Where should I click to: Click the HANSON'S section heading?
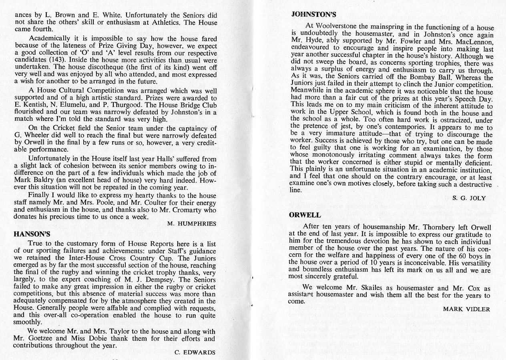click(x=32, y=234)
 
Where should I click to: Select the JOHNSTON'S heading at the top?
click(x=313, y=15)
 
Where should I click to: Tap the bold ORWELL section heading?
click(x=305, y=215)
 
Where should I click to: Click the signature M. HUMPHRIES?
click(x=191, y=224)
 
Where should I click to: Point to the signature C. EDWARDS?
click(x=195, y=352)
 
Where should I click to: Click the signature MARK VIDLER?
click(x=466, y=309)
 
